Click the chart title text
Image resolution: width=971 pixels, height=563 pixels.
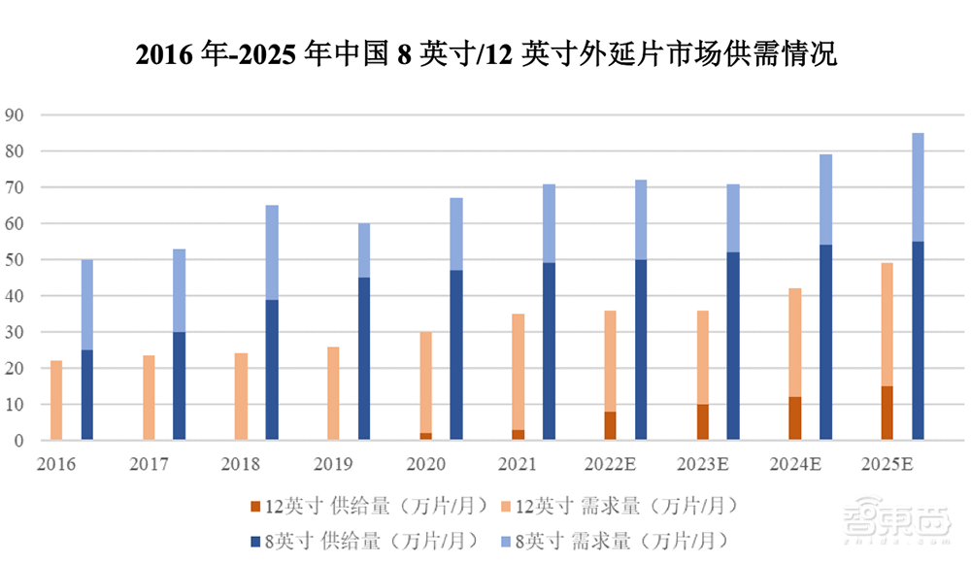(x=485, y=53)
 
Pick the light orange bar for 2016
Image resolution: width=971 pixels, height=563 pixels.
(x=56, y=400)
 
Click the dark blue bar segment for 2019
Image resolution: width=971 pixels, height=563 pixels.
(x=364, y=359)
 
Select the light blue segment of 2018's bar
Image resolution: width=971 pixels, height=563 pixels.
(x=272, y=252)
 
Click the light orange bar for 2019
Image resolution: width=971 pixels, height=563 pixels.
(x=334, y=393)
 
